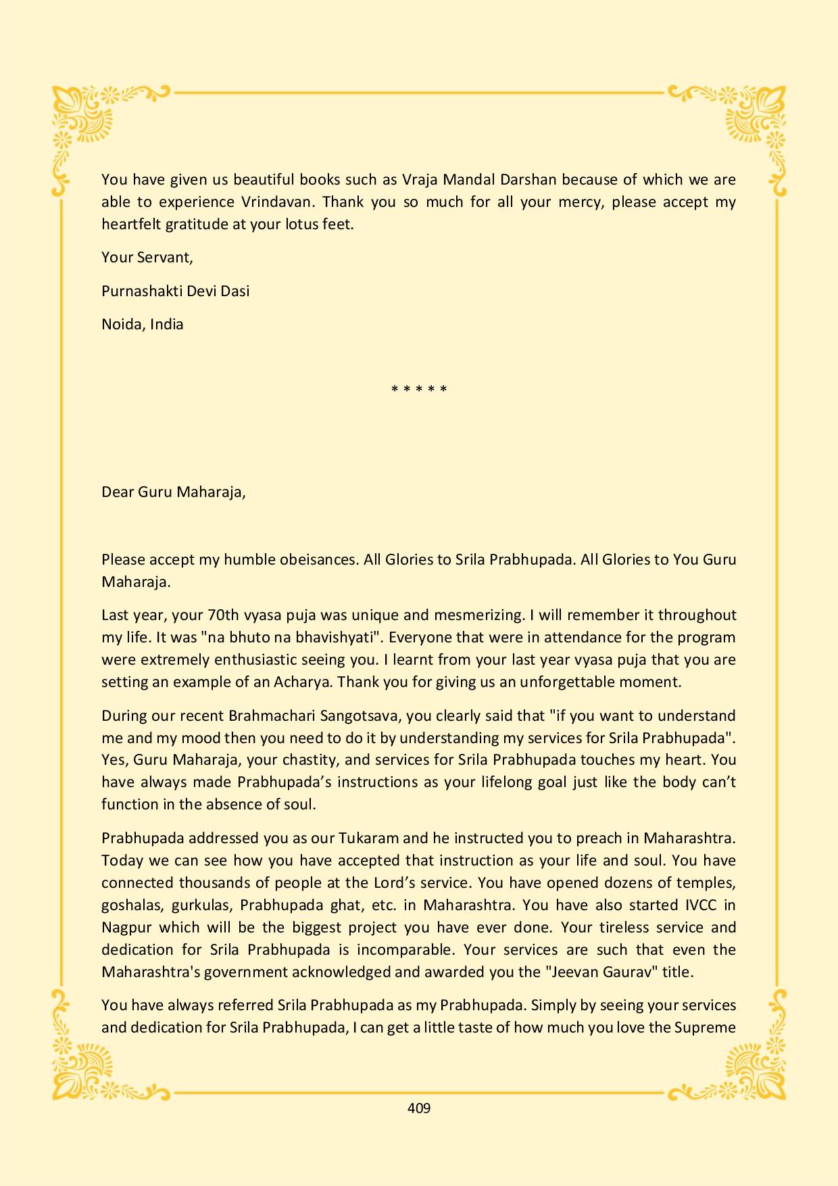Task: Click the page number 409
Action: click(419, 1108)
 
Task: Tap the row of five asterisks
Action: click(419, 389)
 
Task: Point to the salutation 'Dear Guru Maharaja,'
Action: click(174, 492)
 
